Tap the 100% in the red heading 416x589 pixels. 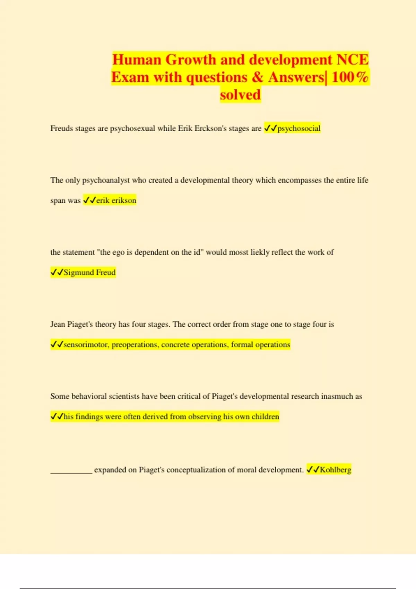tap(350, 77)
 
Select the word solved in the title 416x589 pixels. tap(240, 95)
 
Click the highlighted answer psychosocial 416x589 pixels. tap(299, 128)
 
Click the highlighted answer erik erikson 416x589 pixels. tap(116, 200)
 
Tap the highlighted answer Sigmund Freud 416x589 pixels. tap(89, 272)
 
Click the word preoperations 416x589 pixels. tap(135, 344)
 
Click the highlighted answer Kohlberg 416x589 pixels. tap(335, 470)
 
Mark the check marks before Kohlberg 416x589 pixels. tap(313, 470)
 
